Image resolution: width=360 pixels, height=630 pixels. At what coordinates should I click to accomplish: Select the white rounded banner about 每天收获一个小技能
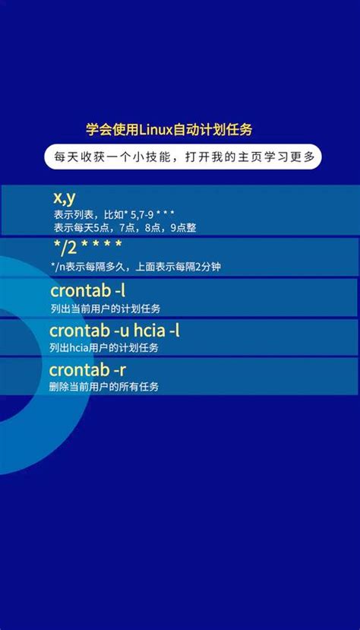point(182,157)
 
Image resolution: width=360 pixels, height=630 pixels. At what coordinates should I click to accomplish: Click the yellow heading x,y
point(64,198)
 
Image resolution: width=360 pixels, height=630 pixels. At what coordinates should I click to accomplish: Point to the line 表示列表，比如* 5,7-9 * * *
point(114,215)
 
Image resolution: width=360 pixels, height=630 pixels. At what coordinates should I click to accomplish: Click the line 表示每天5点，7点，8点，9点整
point(125,227)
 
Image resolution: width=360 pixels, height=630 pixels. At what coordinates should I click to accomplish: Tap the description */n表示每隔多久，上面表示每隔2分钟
point(135,266)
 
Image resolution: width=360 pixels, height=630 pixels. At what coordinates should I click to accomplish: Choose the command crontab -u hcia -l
point(115,331)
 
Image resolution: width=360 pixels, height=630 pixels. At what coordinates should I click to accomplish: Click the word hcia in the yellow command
point(150,331)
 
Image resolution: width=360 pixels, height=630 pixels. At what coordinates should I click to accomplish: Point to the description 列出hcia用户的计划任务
point(104,347)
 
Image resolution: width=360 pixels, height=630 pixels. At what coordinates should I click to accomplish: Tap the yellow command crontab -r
point(88,370)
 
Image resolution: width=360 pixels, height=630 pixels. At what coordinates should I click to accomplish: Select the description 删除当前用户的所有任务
point(104,387)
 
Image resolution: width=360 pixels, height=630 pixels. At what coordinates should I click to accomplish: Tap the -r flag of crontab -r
point(120,370)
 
